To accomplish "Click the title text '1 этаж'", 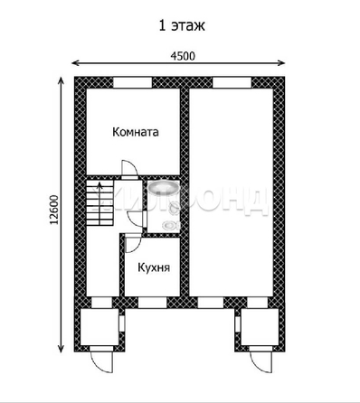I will pos(181,24).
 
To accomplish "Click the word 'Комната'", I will pos(135,132).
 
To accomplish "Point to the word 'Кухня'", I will pos(155,267).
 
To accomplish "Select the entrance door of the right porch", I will pos(257,359).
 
